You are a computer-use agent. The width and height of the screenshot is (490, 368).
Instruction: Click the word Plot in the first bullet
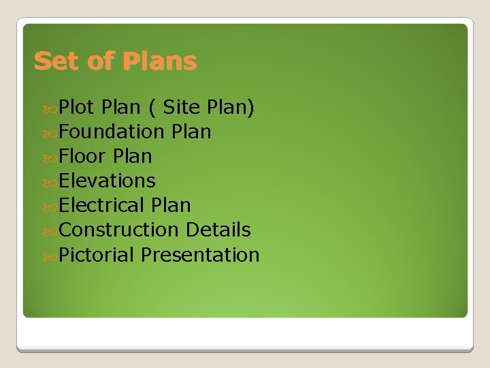pyautogui.click(x=76, y=106)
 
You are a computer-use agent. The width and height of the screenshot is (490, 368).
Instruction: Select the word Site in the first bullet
pyautogui.click(x=183, y=106)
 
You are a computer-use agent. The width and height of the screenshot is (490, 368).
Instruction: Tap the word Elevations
pyautogui.click(x=108, y=181)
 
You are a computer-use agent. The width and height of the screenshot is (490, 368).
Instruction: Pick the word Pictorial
pyautogui.click(x=97, y=255)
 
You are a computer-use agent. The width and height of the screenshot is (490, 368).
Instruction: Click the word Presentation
pyautogui.click(x=201, y=255)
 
